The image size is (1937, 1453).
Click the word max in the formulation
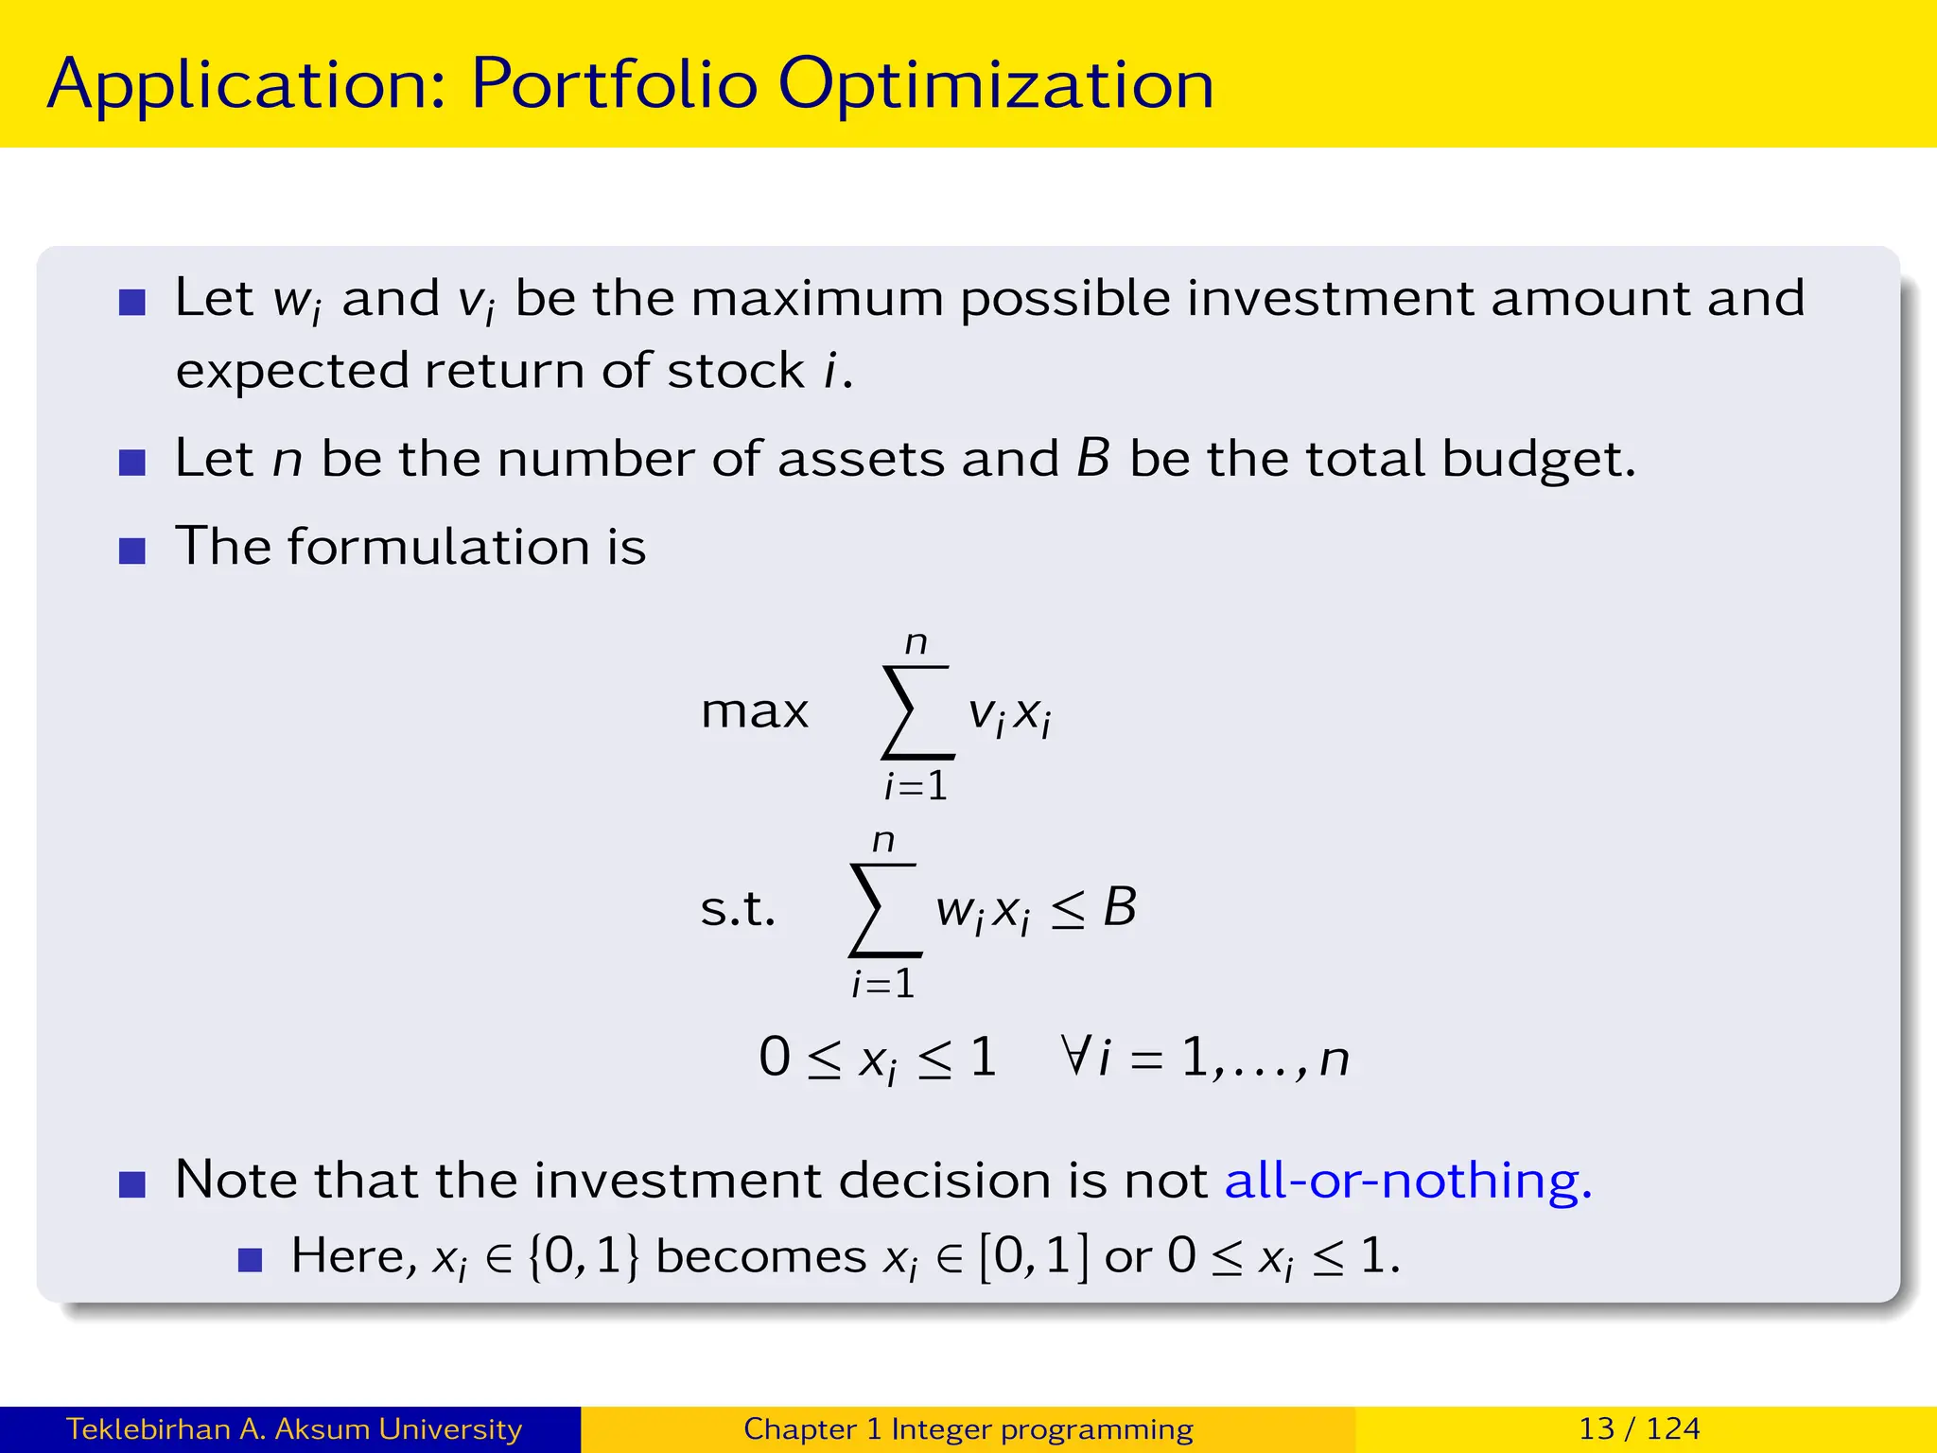(755, 711)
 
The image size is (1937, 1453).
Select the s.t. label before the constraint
(738, 908)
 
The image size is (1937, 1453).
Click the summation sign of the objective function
(916, 712)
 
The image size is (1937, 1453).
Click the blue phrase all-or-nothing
(1407, 1181)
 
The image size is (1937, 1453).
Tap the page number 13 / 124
(1639, 1428)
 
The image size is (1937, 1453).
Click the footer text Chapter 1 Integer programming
(968, 1428)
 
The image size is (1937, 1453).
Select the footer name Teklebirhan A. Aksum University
(293, 1428)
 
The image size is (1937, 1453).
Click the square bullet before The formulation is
(132, 551)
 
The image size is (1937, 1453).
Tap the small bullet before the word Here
(250, 1260)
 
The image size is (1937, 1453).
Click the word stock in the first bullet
(735, 371)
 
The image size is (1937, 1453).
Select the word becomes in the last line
(760, 1256)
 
